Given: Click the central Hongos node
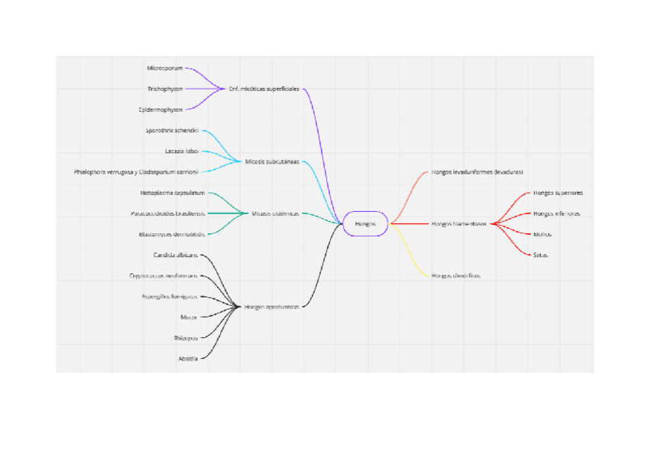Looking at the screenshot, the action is pyautogui.click(x=365, y=223).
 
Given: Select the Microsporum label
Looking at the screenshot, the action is pyautogui.click(x=165, y=68).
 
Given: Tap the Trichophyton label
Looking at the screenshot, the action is pyautogui.click(x=165, y=89).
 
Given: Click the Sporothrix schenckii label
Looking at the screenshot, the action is pyautogui.click(x=173, y=130).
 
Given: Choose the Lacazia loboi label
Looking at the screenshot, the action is pyautogui.click(x=182, y=151).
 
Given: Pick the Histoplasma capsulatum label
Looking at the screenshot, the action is pyautogui.click(x=173, y=193).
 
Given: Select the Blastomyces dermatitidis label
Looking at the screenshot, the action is pyautogui.click(x=172, y=234).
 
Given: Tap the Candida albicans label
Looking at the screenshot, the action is pyautogui.click(x=176, y=255).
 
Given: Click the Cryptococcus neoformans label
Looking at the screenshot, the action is pyautogui.click(x=164, y=275).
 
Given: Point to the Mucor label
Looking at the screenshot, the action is pyautogui.click(x=189, y=317).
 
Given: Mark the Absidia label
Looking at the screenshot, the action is pyautogui.click(x=188, y=358).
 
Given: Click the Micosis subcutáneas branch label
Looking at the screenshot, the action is pyautogui.click(x=271, y=161).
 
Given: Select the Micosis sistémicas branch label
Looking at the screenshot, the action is pyautogui.click(x=275, y=213).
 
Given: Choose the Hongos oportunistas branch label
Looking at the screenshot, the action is pyautogui.click(x=271, y=307).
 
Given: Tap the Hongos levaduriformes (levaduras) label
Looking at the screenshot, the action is pyautogui.click(x=477, y=172).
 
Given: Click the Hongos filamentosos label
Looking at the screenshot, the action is pyautogui.click(x=459, y=224).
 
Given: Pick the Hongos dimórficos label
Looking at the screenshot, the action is pyautogui.click(x=455, y=275).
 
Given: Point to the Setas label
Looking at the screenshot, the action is pyautogui.click(x=540, y=255).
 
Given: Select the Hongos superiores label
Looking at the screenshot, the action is pyautogui.click(x=558, y=193).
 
